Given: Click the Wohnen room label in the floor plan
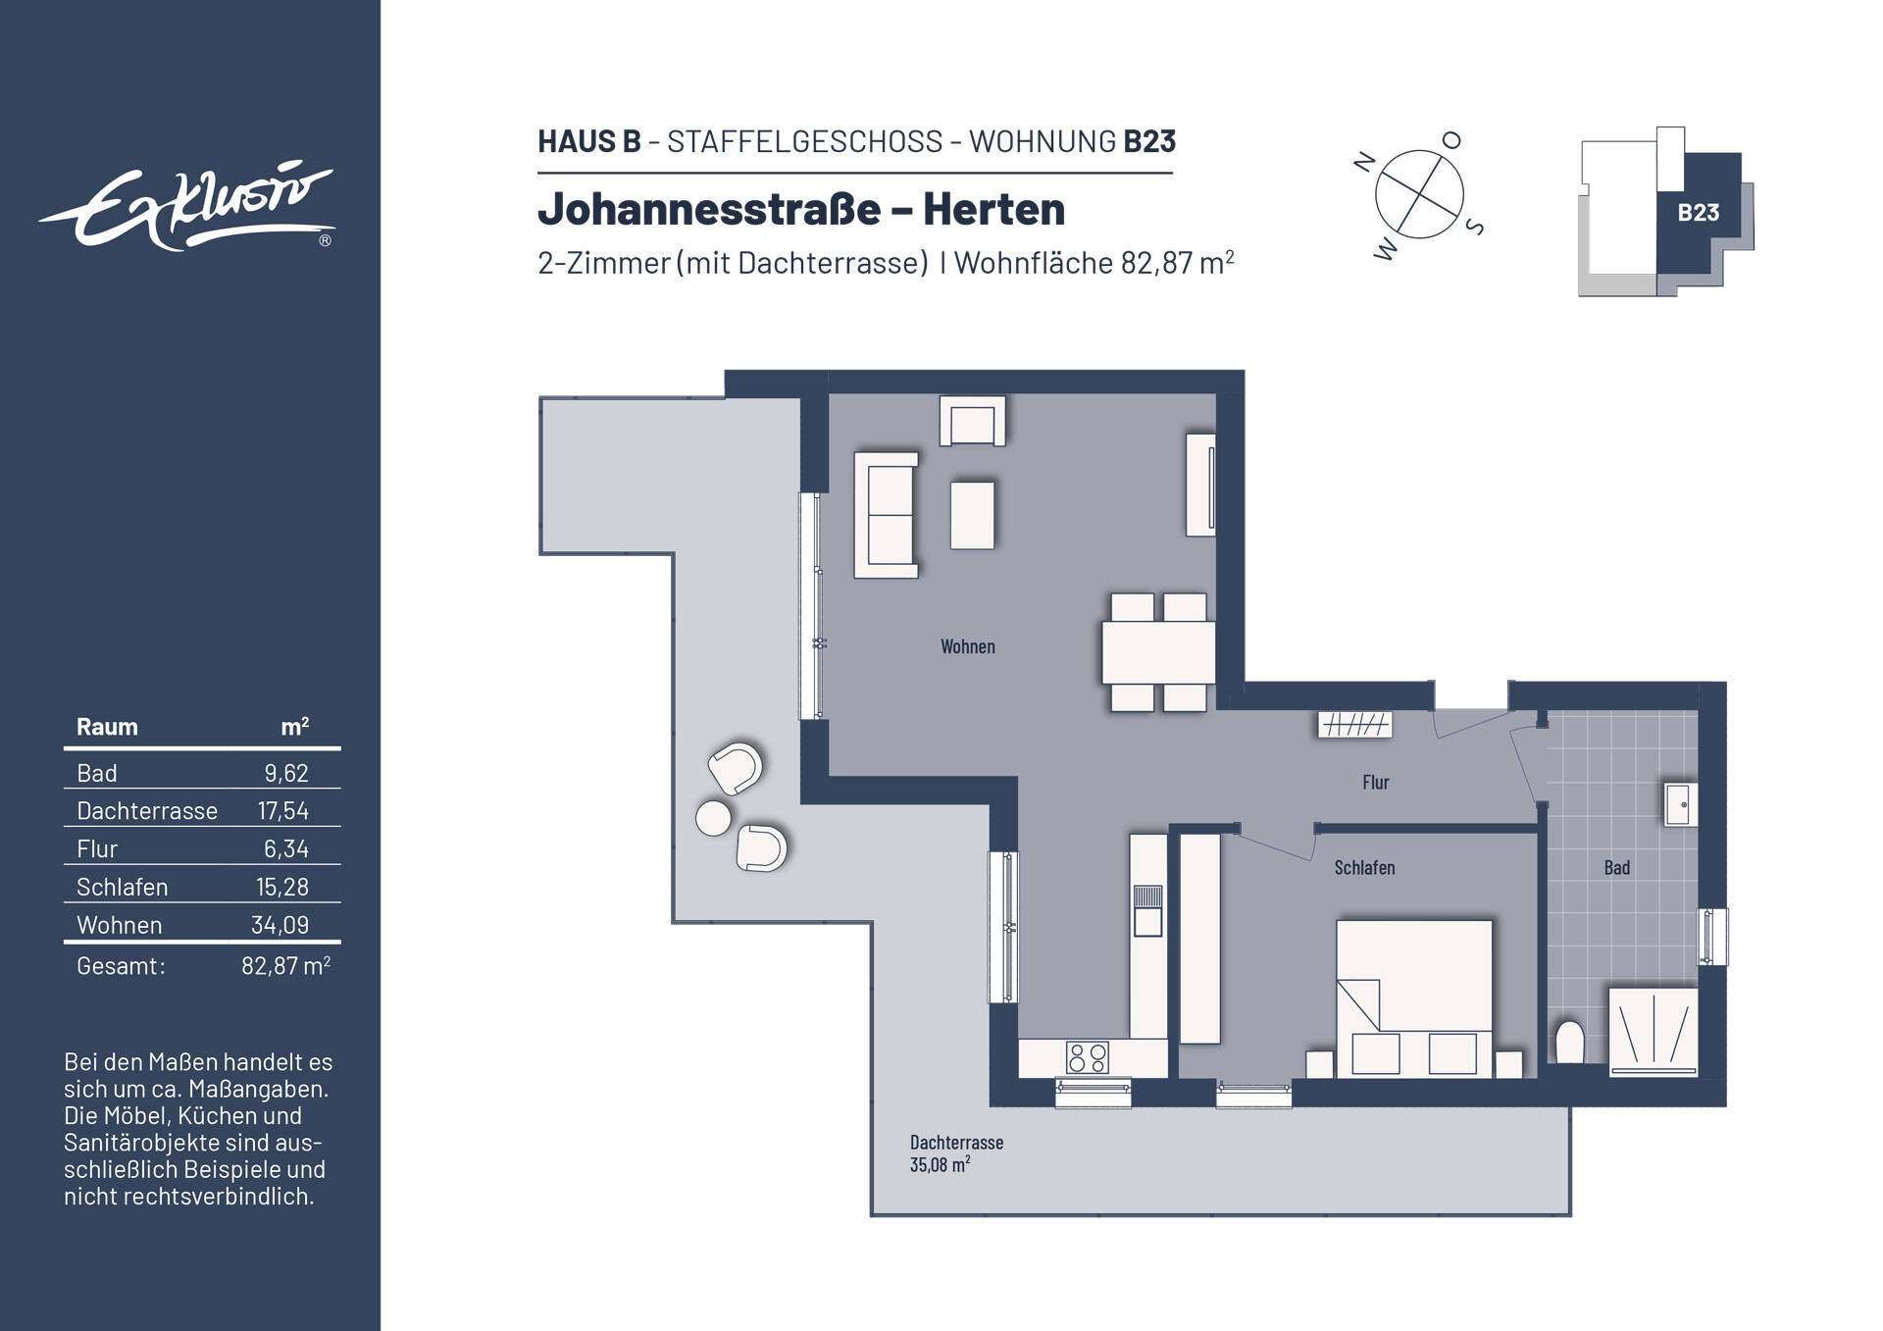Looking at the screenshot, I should pos(967,646).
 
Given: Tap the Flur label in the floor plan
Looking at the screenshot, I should pos(1375,782).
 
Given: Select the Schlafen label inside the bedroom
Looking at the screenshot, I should pos(1363,867).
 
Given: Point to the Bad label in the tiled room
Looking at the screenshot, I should pos(1616,867).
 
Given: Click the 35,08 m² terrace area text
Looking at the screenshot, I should pos(940,1165).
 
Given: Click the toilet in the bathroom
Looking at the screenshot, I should pos(1569,1043).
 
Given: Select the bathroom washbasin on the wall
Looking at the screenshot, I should pos(1680,805).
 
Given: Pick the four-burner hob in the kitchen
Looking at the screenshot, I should pos(1088,1057).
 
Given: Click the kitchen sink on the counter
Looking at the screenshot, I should pos(1147,910).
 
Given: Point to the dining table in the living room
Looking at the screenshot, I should pos(1158,652).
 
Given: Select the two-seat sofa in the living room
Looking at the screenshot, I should pos(887,515).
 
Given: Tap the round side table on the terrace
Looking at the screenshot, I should pos(713,818).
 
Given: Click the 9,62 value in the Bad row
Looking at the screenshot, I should pos(285,773).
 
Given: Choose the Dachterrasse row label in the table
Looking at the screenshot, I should pos(147,811).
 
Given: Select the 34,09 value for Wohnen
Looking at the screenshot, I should pos(280,925).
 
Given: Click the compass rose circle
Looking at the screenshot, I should pos(1418,194).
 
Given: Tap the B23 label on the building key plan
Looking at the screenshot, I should pos(1698,213).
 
